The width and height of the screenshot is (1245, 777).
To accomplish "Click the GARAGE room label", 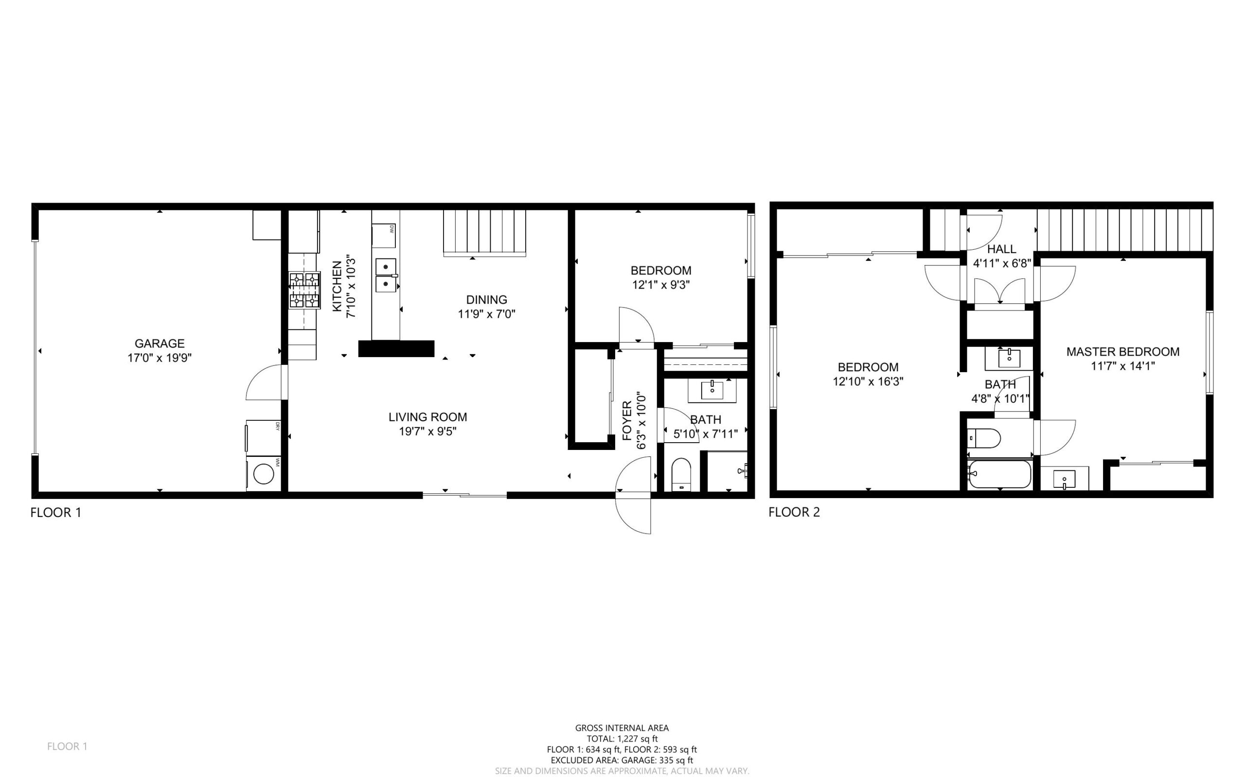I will pos(160,343).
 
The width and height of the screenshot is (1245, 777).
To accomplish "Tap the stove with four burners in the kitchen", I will pos(304,291).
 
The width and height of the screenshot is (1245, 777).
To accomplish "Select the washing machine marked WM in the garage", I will pos(264,473).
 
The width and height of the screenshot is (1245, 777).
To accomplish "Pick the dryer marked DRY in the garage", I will pos(263,437).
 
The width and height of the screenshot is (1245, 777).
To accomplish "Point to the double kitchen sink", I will pos(386,275).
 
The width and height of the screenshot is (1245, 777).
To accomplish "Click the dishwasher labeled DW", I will pos(384,235).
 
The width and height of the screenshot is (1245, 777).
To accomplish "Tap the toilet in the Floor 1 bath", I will pos(681,474).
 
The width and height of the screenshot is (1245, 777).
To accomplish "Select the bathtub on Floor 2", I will pos(999,474).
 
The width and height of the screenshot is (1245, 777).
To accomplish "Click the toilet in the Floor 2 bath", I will pos(983,438).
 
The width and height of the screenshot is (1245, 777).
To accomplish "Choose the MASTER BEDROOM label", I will pos(1122,351).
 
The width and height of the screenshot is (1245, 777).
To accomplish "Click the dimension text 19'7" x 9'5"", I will pos(427,431).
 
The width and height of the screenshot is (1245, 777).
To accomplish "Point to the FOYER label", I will pos(627,420).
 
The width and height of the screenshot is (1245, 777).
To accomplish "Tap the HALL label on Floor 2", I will pos(1001,249).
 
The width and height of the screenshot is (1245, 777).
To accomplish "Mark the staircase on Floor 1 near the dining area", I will pos(484,232).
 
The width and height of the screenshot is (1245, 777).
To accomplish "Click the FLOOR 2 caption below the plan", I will pos(794,512).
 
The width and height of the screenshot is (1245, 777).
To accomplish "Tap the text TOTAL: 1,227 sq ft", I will pos(622,739).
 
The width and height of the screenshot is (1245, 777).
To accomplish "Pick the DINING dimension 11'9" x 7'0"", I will pos(486,313).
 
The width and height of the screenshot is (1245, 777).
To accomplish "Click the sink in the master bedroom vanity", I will pos(1064,480).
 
